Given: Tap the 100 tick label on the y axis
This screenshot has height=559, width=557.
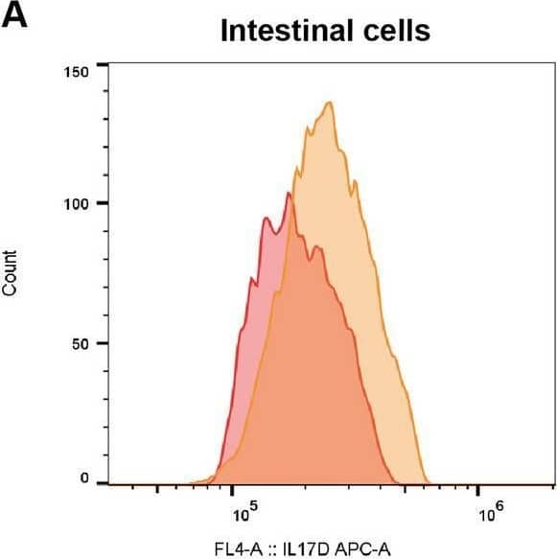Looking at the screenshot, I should [77, 204].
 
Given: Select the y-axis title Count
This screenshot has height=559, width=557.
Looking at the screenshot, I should [12, 272].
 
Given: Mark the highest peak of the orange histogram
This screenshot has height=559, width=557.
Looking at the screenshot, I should [330, 102].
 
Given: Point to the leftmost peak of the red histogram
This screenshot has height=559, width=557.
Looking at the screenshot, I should [266, 219].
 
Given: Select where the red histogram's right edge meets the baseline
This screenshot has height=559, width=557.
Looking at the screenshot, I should [395, 482].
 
